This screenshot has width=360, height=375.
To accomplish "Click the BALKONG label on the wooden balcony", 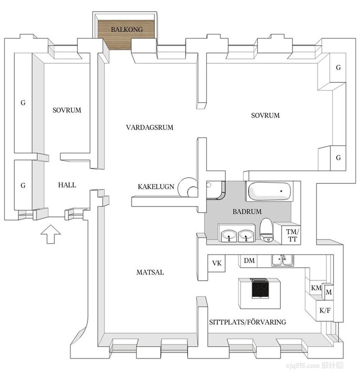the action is point(127,29).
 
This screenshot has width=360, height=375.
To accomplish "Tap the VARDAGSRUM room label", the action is point(150,127).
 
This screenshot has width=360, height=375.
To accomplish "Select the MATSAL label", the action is point(150,272).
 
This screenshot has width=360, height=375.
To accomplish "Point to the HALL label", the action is point(67,185).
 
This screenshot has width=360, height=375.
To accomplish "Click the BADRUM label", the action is point(247,212).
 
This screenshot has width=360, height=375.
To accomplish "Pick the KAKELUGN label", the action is point(156,186).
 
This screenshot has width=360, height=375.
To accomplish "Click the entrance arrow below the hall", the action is point(50,234).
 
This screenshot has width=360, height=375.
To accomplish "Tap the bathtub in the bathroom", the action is point(270,191).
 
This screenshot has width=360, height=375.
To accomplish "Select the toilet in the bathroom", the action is point(266,230).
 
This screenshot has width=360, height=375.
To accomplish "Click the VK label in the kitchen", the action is point(216,263).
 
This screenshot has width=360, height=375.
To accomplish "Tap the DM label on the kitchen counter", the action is point(249,261).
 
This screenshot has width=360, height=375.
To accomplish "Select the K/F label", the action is point(325,311).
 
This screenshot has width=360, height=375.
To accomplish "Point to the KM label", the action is point(316,288).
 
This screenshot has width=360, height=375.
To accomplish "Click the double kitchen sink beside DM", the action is point(283,260).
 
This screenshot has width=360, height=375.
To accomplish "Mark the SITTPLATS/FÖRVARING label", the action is point(247,322).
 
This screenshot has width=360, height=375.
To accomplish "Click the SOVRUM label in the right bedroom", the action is point(265,116).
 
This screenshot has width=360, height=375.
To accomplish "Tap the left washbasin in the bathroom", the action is point(229,235).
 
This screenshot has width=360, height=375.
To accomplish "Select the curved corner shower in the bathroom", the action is point(216,190).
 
